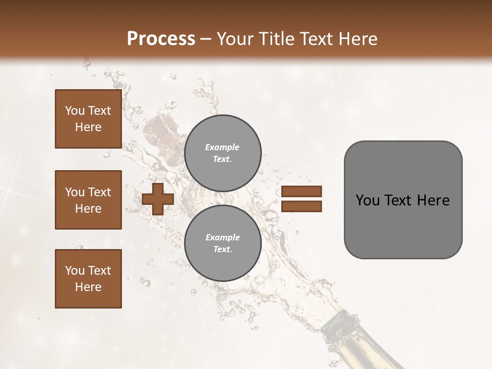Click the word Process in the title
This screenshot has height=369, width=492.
(161, 39)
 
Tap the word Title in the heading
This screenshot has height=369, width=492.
(277, 39)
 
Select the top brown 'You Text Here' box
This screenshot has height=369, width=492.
(88, 119)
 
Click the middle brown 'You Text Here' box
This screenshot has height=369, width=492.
(88, 200)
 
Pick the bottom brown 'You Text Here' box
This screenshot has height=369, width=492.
(88, 279)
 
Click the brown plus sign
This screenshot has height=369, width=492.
(158, 198)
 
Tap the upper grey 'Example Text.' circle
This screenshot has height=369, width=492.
(222, 153)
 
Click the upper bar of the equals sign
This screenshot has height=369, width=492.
(301, 191)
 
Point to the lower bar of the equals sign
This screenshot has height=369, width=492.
(301, 206)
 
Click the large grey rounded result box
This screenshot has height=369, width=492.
(403, 225)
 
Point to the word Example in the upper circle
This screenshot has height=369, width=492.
(222, 147)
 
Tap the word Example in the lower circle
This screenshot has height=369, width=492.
(222, 237)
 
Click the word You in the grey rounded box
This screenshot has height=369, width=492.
(367, 200)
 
